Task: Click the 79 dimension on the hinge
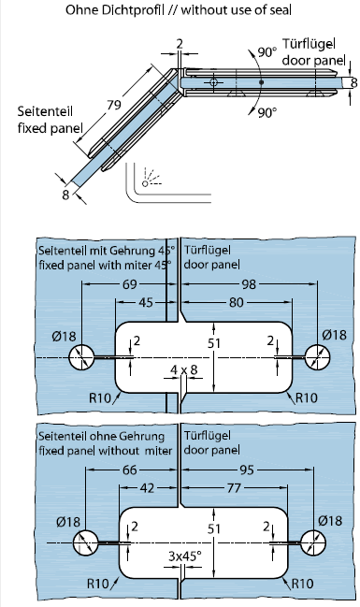pos(115,105)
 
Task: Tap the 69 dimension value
pos(130,284)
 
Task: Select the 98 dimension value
pos(249,284)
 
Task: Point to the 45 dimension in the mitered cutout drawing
pos(146,302)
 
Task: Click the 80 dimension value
pos(237,302)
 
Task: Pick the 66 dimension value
pos(130,470)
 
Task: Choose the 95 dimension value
pos(247,470)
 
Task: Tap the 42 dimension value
pos(147,488)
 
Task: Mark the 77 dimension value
pos(234,488)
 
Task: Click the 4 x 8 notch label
pos(184,369)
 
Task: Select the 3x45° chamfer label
pos(184,556)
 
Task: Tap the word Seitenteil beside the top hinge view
pos(45,111)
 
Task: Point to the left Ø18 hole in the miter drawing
pos(81,357)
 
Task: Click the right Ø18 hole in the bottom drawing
pos(312,542)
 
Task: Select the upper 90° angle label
pos(267,51)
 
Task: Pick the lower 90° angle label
pos(267,112)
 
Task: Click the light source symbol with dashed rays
pos(151,178)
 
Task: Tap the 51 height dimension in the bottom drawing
pos(214,528)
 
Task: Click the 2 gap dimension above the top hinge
pos(180,44)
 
